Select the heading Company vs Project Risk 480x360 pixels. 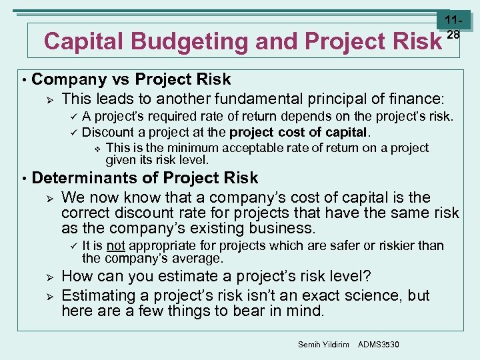[x=131, y=79]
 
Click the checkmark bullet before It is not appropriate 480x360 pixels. [x=74, y=246]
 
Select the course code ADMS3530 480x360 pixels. [x=379, y=344]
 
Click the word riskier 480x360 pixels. [x=379, y=245]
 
